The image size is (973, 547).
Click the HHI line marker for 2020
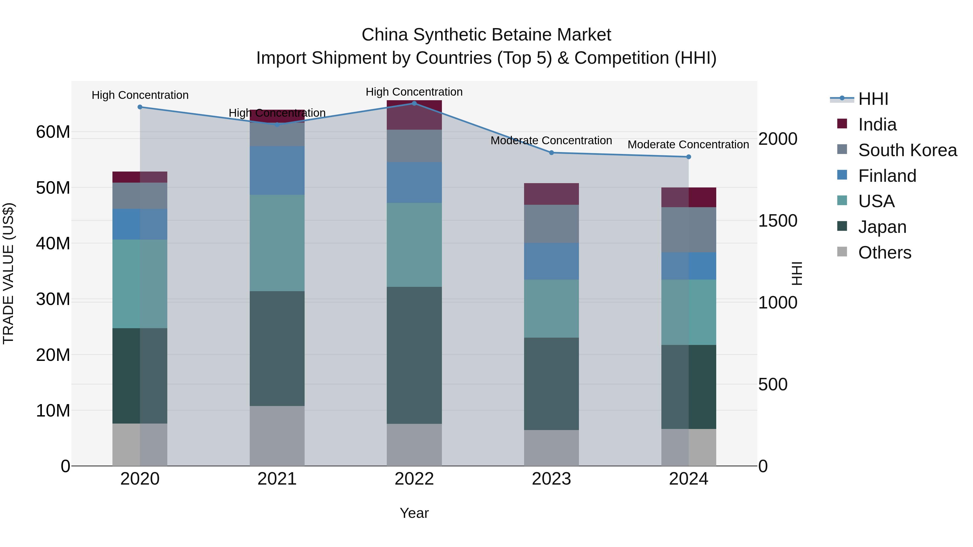[x=140, y=107]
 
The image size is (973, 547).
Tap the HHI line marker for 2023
[x=551, y=153]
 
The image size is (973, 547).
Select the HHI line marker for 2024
[x=689, y=157]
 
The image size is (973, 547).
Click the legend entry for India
[x=877, y=125]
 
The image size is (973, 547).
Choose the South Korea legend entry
[x=907, y=150]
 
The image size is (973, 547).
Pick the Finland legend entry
[x=887, y=176]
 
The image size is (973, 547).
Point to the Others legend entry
[x=885, y=253]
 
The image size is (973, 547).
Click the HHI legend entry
[x=873, y=99]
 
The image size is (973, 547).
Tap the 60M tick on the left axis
[x=53, y=132]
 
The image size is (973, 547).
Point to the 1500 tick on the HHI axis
[x=778, y=221]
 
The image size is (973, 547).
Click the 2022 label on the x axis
[x=414, y=479]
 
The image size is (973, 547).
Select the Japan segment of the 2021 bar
[x=277, y=348]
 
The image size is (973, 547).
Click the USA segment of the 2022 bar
[x=414, y=245]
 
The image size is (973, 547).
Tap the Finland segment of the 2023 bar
[x=551, y=261]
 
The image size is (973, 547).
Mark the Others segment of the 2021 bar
[x=277, y=436]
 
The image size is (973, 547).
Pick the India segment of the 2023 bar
[x=551, y=194]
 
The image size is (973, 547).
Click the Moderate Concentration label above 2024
[x=688, y=145]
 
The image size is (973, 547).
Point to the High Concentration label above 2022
[x=414, y=92]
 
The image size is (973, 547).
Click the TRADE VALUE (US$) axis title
[x=8, y=274]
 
